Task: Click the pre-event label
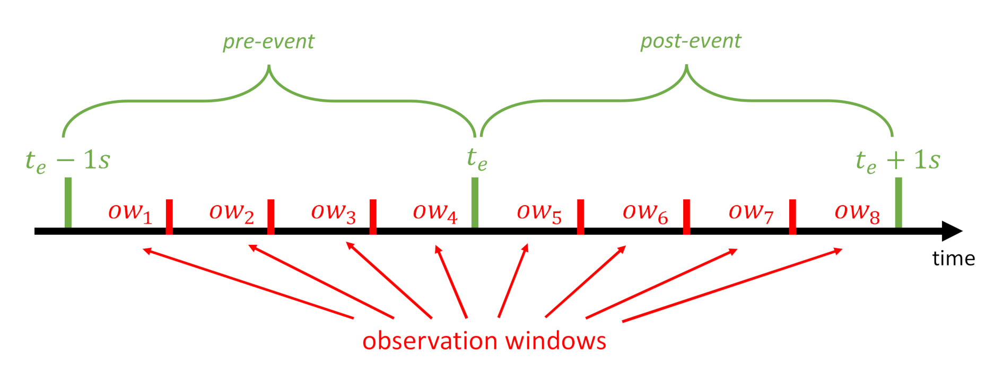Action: (268, 41)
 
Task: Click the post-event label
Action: (691, 41)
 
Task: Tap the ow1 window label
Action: (130, 212)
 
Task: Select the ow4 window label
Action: (435, 212)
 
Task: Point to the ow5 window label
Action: (539, 212)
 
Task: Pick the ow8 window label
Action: (857, 212)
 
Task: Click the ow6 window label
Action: (645, 212)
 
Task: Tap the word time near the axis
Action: (953, 259)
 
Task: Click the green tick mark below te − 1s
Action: (68, 202)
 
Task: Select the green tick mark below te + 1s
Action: (898, 202)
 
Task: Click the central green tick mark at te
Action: (475, 202)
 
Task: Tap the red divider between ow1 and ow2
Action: (169, 216)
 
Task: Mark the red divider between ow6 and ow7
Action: (686, 216)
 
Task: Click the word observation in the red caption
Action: (430, 341)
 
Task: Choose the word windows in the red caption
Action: (555, 341)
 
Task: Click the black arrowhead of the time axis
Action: (952, 231)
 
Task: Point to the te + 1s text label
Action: (897, 160)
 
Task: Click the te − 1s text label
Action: (68, 160)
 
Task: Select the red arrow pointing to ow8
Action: (732, 285)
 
